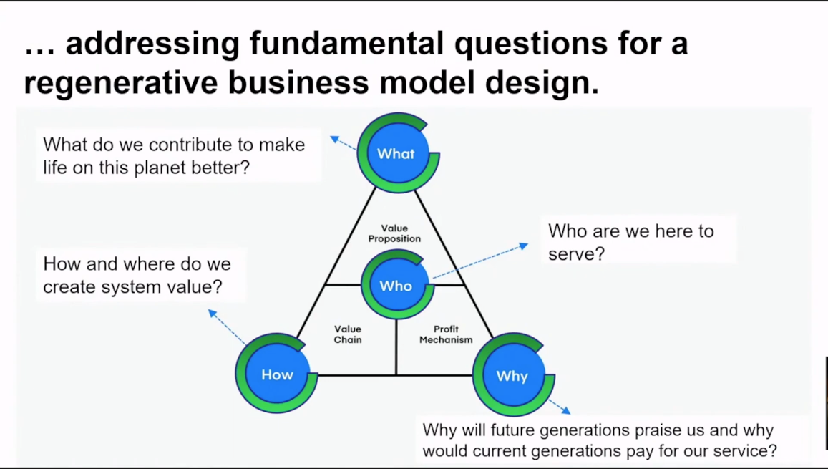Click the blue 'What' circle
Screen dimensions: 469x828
point(396,153)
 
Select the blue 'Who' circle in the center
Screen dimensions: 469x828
point(396,286)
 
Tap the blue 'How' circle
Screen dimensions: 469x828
point(276,374)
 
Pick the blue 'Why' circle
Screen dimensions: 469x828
point(512,375)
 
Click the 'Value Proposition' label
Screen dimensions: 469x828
point(394,233)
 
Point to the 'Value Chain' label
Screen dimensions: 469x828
point(348,334)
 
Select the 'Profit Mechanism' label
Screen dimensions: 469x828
point(446,334)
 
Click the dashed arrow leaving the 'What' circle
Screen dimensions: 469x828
point(344,143)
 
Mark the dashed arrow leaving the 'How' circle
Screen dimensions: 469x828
point(227,327)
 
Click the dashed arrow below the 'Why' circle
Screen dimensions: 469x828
point(560,406)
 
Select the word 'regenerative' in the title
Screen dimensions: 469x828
point(120,82)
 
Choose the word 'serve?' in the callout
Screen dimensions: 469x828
point(576,253)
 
